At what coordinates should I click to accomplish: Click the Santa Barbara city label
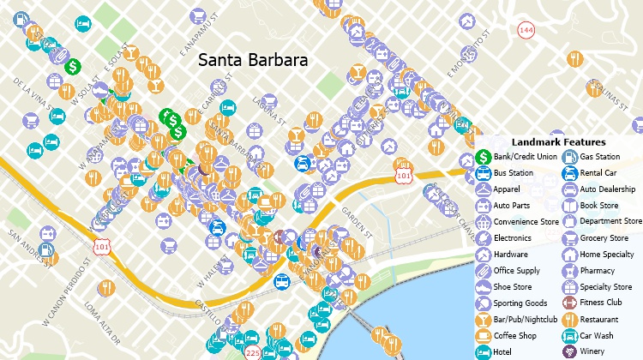(253, 61)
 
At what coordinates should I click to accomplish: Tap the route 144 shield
(526, 30)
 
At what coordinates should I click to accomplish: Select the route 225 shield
(252, 352)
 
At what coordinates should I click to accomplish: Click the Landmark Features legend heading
(558, 141)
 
